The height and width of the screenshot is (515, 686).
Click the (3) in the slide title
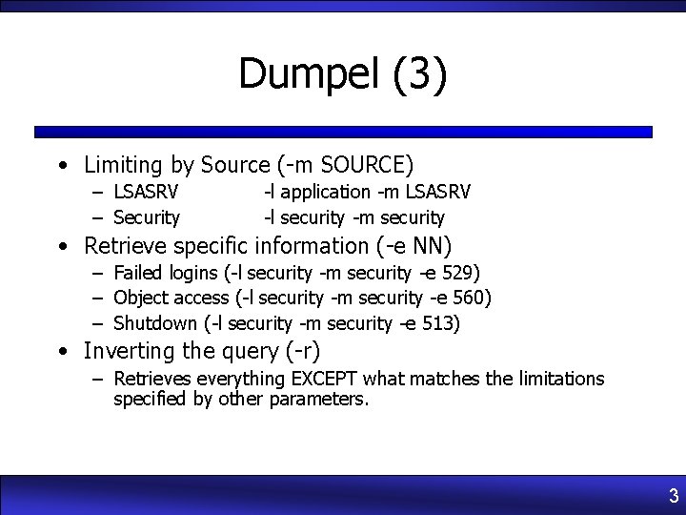click(418, 74)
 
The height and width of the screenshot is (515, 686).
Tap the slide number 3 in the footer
click(673, 496)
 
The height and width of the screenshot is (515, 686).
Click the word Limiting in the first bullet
click(123, 165)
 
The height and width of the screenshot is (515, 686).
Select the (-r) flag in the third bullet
click(302, 351)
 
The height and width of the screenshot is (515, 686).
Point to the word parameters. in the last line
click(318, 399)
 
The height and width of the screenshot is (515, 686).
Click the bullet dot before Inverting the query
click(61, 352)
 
